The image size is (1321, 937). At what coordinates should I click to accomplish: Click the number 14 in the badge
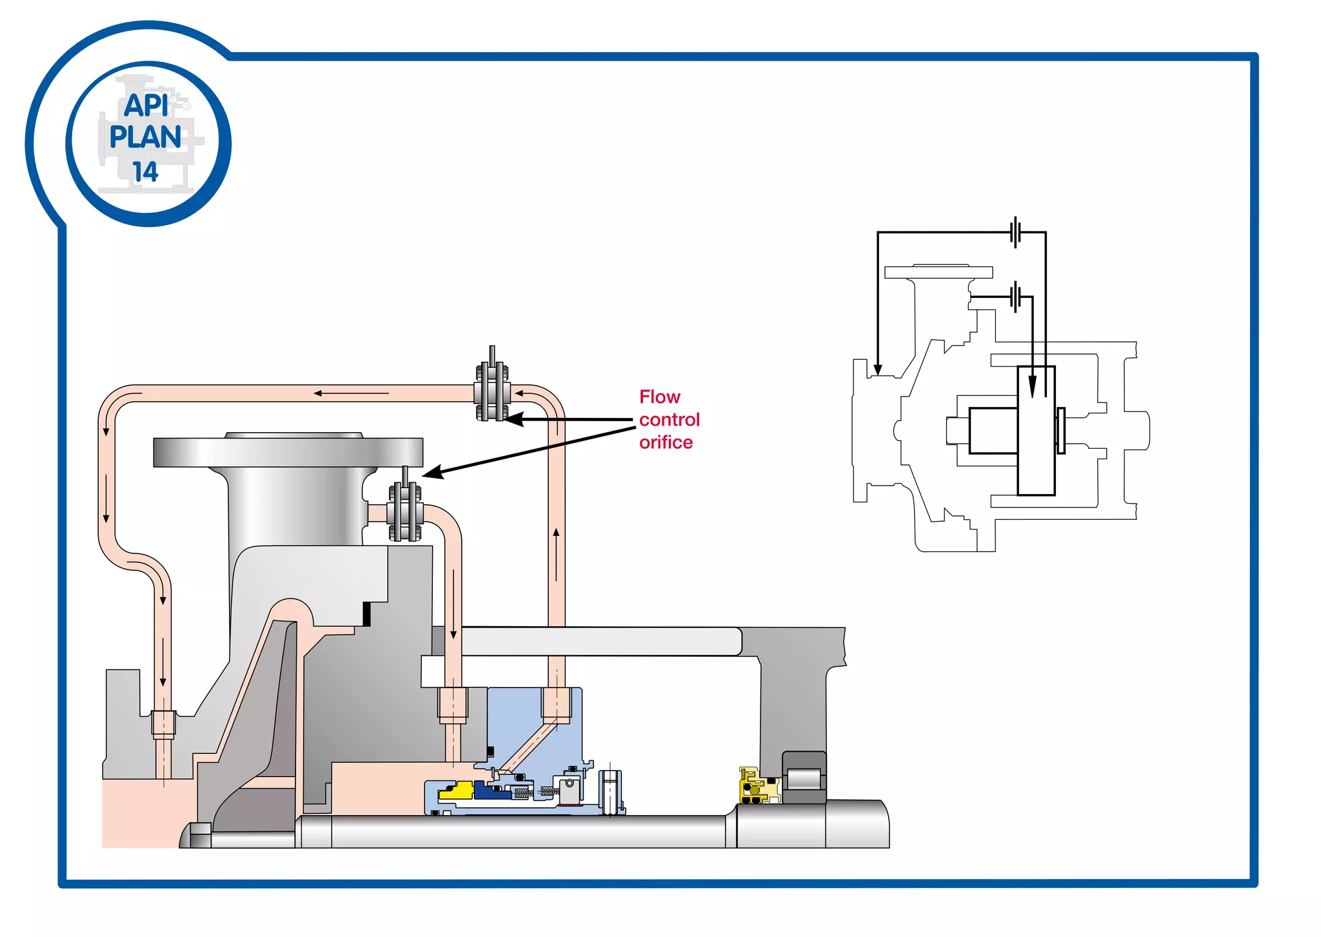(x=145, y=172)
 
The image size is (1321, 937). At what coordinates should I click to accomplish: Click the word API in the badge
(x=146, y=105)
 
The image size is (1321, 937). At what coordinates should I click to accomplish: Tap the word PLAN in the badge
(x=145, y=137)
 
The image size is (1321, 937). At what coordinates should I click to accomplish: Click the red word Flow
(x=659, y=397)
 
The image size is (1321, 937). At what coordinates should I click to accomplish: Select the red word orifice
(x=666, y=442)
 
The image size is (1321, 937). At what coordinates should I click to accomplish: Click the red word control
(x=669, y=420)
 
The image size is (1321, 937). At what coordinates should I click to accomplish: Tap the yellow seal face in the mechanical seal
(x=457, y=791)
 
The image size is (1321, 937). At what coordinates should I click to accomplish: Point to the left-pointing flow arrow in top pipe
(x=319, y=393)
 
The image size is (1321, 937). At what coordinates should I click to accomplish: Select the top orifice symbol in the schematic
(x=1015, y=232)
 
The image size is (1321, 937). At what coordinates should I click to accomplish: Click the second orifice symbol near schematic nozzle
(x=1016, y=297)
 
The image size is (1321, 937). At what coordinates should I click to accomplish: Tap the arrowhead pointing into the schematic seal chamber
(x=1032, y=387)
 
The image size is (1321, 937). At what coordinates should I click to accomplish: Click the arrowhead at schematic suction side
(x=878, y=370)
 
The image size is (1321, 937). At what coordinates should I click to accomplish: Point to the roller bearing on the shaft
(x=804, y=778)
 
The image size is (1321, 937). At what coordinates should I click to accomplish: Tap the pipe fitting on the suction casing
(x=163, y=723)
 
